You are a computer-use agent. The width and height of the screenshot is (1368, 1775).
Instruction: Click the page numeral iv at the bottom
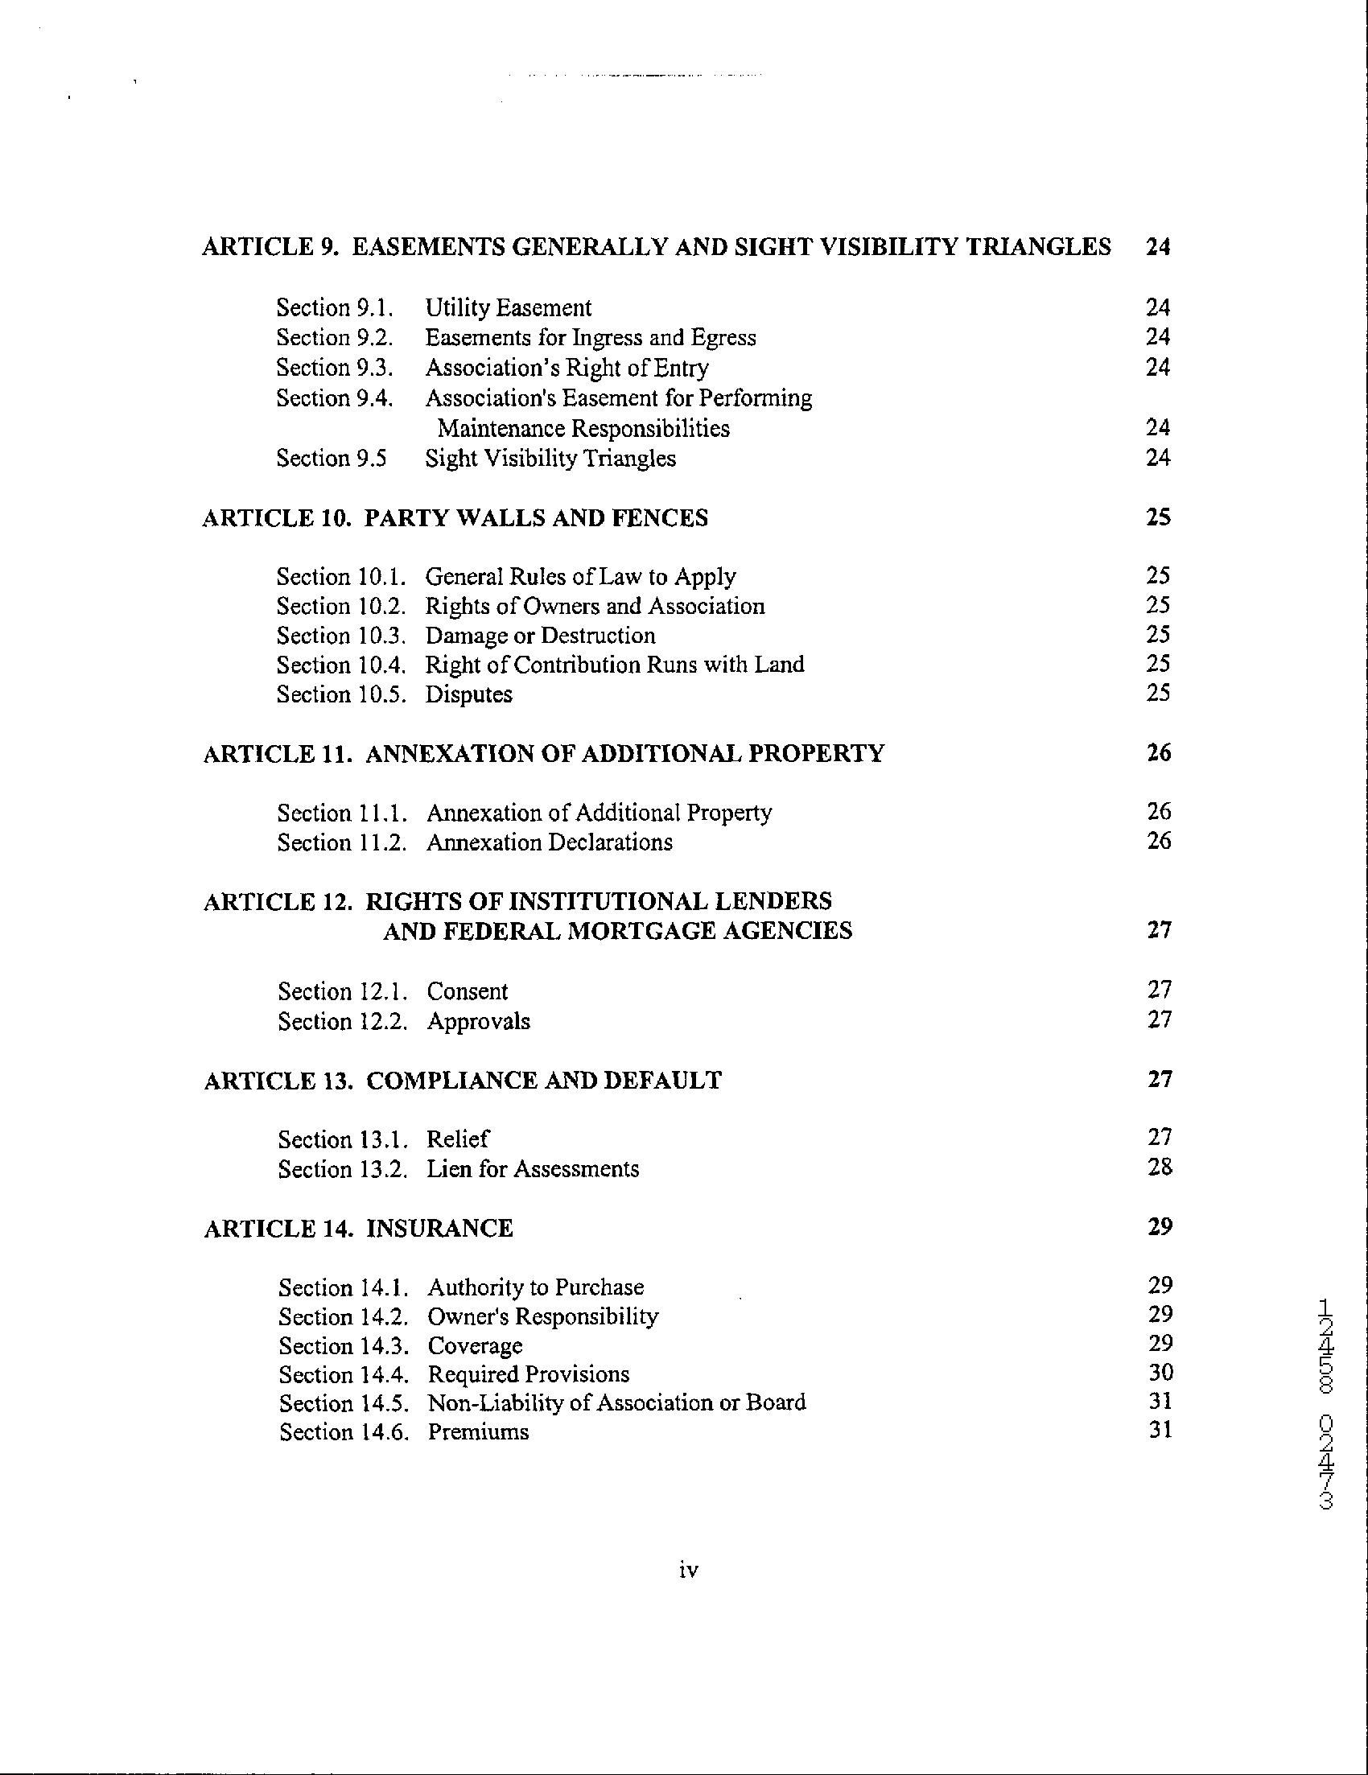pyautogui.click(x=688, y=1570)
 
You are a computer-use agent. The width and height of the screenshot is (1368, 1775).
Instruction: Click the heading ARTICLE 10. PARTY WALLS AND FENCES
pyautogui.click(x=455, y=517)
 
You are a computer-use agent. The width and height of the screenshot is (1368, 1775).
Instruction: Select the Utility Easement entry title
pyautogui.click(x=508, y=308)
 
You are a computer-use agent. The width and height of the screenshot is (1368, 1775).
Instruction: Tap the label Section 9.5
pyautogui.click(x=331, y=459)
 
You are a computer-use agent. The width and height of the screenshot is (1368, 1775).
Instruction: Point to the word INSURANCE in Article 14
pyautogui.click(x=439, y=1227)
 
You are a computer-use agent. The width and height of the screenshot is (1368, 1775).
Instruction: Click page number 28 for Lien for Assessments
pyautogui.click(x=1160, y=1168)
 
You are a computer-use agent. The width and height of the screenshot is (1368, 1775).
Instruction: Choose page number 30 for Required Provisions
pyautogui.click(x=1160, y=1373)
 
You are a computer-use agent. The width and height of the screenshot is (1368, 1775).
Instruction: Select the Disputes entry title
pyautogui.click(x=469, y=694)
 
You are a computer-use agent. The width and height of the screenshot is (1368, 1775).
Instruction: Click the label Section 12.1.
pyautogui.click(x=342, y=991)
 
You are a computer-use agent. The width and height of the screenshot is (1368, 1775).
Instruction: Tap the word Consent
pyautogui.click(x=468, y=991)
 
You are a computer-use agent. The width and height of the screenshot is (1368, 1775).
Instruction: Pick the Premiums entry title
pyautogui.click(x=478, y=1431)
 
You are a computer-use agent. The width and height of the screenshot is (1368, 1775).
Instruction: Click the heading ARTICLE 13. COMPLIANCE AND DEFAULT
pyautogui.click(x=463, y=1080)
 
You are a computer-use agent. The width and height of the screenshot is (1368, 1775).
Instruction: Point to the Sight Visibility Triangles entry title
pyautogui.click(x=550, y=459)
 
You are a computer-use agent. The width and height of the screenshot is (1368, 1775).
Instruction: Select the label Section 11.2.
pyautogui.click(x=342, y=842)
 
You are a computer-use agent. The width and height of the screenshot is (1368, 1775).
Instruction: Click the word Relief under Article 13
pyautogui.click(x=458, y=1139)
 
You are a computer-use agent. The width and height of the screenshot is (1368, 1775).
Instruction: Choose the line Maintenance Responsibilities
pyautogui.click(x=583, y=428)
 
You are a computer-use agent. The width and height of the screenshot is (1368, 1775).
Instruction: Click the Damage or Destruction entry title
pyautogui.click(x=541, y=636)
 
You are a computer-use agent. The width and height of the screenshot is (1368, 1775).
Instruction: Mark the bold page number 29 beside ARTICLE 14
pyautogui.click(x=1160, y=1226)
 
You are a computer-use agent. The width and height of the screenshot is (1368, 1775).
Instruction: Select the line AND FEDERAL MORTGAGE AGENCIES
pyautogui.click(x=618, y=930)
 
